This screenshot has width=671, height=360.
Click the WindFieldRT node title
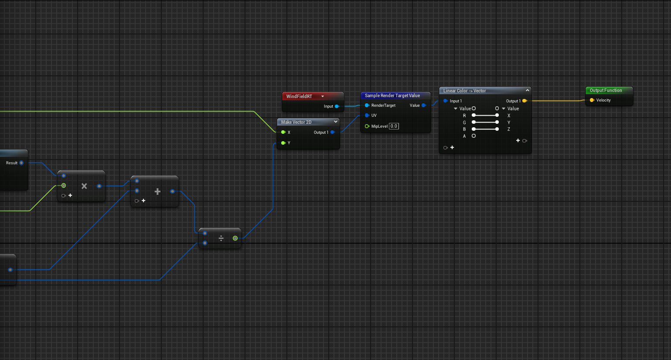[x=299, y=96]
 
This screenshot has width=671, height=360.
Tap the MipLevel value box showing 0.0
[x=394, y=126]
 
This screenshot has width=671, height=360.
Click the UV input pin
[x=367, y=115]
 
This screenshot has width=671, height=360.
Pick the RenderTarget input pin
[x=367, y=105]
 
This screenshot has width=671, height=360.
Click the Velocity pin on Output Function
[x=592, y=100]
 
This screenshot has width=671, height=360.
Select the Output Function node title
[x=606, y=91]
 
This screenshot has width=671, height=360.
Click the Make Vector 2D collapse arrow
[x=336, y=122]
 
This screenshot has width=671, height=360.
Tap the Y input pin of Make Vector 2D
[x=283, y=143]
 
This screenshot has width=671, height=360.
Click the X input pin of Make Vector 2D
[x=283, y=132]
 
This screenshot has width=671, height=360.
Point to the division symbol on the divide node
[x=221, y=238]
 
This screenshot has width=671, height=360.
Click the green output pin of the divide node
[x=235, y=238]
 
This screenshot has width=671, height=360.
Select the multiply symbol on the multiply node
[x=84, y=186]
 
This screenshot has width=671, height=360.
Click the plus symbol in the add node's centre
[x=157, y=192]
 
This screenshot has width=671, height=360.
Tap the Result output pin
[x=21, y=163]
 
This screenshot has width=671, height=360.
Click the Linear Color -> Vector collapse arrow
[x=528, y=90]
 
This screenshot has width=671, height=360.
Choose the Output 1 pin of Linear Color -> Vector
[x=525, y=101]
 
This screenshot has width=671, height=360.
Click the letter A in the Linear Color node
[x=464, y=136]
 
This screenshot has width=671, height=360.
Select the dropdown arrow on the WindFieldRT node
[x=323, y=96]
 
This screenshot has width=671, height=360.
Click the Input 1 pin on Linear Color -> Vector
[x=446, y=101]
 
